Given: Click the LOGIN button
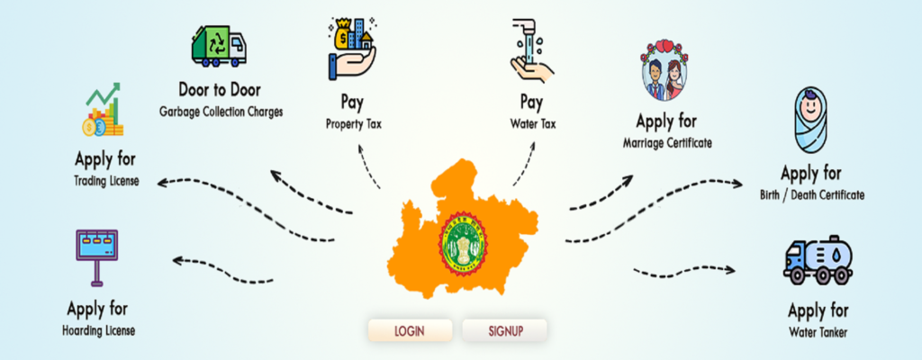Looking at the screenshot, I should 409,330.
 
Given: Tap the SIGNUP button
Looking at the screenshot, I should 505,330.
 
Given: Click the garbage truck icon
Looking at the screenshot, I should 218,45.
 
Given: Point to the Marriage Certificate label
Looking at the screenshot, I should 667,141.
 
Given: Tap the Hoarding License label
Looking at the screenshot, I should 100,330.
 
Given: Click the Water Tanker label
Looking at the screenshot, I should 818,332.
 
